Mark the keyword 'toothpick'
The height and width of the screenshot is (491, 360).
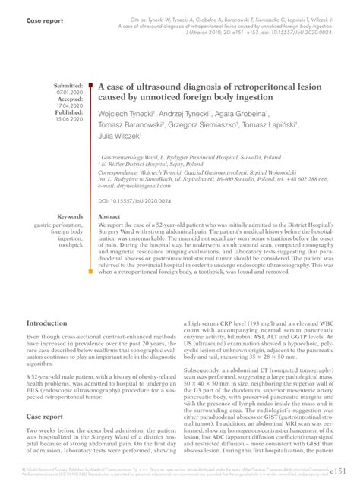pyautogui.click(x=70, y=245)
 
